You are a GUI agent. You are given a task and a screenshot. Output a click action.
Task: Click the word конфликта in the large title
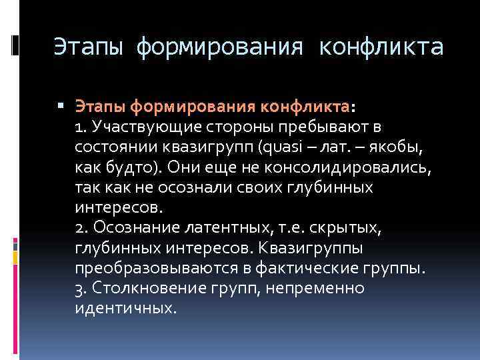pos(381,48)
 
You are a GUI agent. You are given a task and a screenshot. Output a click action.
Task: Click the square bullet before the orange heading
pos(61,105)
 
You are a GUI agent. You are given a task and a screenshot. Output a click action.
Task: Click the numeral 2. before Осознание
pos(83,227)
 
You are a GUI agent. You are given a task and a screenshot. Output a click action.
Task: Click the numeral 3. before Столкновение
pos(83,288)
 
